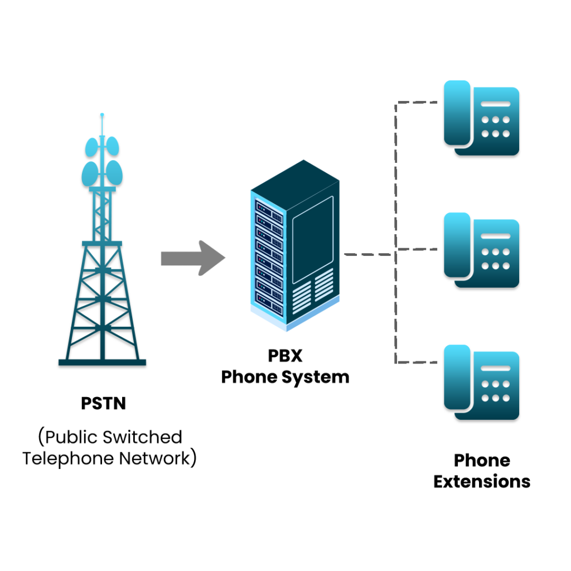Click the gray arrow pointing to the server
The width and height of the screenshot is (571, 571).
coord(192,258)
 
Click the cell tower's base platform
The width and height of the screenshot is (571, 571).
coord(102,364)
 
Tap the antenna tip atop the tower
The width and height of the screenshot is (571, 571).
coord(101,116)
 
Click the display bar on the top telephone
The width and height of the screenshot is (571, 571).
coord(495,104)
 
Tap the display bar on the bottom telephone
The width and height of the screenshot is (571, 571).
coord(495,368)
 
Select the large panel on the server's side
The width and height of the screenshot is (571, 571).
coord(313,239)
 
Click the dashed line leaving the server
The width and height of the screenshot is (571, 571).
coord(365,254)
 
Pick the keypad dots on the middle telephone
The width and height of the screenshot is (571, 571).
coord(495,259)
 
